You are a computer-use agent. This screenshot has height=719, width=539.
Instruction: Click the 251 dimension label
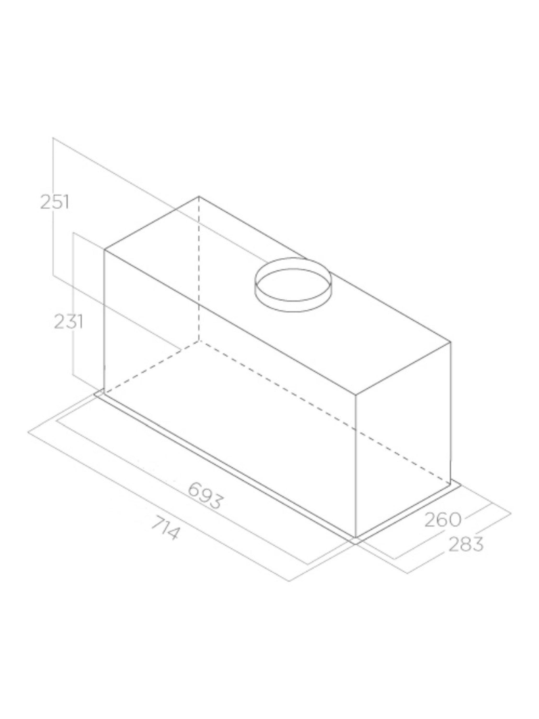(55, 203)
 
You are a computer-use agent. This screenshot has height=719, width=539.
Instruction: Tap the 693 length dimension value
(205, 500)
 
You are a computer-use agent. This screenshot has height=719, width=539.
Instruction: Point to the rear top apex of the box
(199, 197)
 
